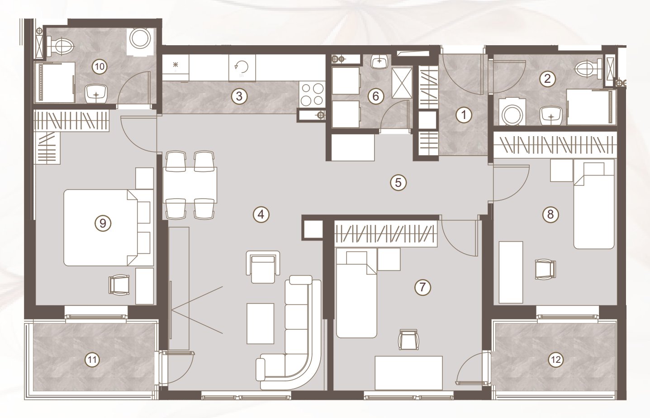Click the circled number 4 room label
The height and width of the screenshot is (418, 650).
click(x=261, y=215)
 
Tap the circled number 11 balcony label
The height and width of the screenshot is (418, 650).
click(x=92, y=360)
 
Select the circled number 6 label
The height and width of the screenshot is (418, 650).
click(x=376, y=96)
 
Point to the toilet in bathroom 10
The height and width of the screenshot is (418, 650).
click(x=61, y=45)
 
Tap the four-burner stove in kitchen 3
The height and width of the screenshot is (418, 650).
click(x=312, y=95)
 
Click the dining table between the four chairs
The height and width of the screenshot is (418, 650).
click(x=190, y=185)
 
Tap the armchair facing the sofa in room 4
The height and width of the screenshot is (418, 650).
click(x=263, y=267)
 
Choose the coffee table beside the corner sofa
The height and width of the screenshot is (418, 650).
click(x=260, y=323)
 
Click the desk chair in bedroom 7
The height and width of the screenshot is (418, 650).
click(x=408, y=340)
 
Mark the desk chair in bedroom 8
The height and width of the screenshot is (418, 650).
click(x=545, y=269)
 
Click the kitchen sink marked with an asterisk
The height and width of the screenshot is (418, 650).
click(x=175, y=68)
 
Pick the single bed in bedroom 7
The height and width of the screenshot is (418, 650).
click(x=356, y=293)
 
